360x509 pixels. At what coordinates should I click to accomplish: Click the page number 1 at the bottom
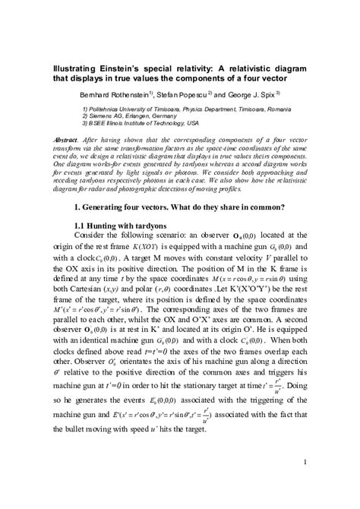pyautogui.click(x=304, y=463)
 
